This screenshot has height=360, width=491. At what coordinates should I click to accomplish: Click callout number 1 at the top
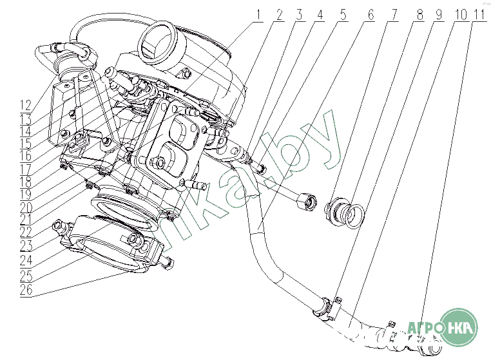point(258,15)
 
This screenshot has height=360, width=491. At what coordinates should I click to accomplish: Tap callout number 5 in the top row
point(343,15)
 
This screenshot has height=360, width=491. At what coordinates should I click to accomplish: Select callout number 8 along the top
point(420,15)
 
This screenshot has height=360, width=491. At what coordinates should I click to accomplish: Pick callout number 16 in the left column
point(26,156)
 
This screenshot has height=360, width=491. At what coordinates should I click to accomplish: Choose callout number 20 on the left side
point(26,207)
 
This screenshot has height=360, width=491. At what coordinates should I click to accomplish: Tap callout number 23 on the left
point(26,245)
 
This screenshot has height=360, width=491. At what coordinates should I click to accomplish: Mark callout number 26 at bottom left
point(26,290)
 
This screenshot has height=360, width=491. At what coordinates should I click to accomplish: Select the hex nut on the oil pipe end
point(306,202)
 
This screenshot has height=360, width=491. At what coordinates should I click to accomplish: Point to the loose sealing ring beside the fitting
point(355,215)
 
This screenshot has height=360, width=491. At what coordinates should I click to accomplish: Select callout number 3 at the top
point(299,15)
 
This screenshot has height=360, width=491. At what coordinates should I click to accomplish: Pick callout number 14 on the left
point(26,130)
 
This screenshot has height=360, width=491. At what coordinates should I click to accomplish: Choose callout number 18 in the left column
point(26,181)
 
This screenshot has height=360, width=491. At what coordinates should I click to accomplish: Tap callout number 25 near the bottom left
point(26,276)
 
